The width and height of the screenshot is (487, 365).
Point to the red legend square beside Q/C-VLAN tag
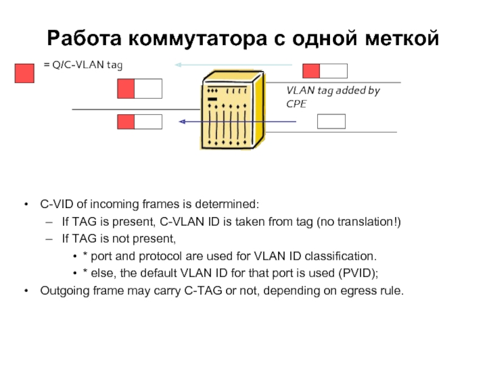tap(24, 72)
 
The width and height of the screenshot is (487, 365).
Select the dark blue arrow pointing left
tap(237, 122)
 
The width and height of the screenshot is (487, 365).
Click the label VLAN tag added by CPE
tap(332, 97)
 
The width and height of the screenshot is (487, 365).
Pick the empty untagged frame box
tap(331, 121)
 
